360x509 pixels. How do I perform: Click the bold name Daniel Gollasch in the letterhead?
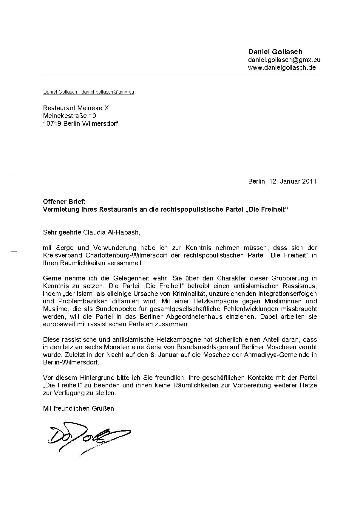275,52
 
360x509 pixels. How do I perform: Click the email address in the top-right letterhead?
284,60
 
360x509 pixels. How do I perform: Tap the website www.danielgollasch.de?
282,67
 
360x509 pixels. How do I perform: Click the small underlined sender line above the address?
89,92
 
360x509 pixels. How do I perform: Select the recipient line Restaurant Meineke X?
76,108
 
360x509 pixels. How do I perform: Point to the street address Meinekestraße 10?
69,116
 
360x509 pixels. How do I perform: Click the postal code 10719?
52,123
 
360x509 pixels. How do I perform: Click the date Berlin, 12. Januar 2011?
282,181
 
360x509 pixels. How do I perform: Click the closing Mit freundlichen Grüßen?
78,408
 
